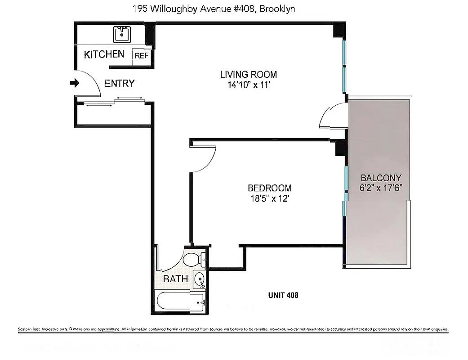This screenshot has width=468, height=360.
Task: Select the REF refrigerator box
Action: click(x=142, y=55)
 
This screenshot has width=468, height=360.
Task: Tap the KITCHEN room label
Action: click(x=104, y=54)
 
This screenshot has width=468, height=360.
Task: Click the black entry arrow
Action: click(x=75, y=83)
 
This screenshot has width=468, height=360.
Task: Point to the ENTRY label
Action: click(x=119, y=83)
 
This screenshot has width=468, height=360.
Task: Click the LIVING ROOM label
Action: click(x=248, y=74)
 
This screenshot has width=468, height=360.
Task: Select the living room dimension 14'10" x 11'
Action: click(x=248, y=85)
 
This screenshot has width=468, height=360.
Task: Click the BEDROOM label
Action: click(x=269, y=188)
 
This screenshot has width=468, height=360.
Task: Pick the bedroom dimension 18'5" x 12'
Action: click(x=269, y=199)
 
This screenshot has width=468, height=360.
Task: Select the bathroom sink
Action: click(x=199, y=279)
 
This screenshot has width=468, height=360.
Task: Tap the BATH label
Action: click(x=175, y=279)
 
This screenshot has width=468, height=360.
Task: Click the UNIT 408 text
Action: click(x=283, y=296)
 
